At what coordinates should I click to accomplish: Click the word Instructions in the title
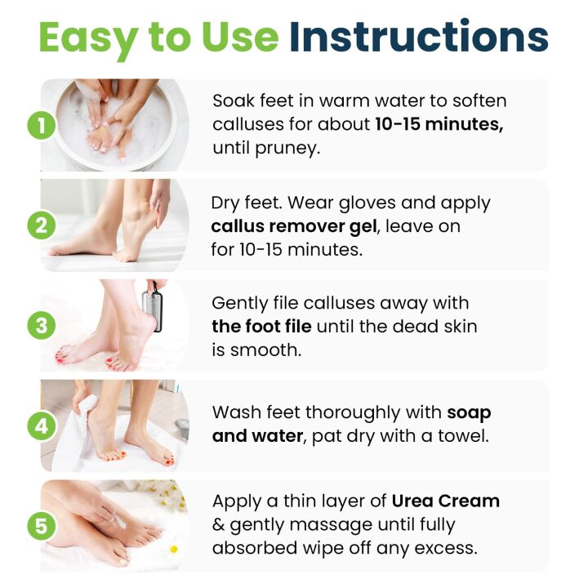point(419,38)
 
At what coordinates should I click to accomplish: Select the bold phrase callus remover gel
point(298,226)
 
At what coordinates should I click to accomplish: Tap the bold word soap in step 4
point(469,412)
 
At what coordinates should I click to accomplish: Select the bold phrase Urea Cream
point(445,501)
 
